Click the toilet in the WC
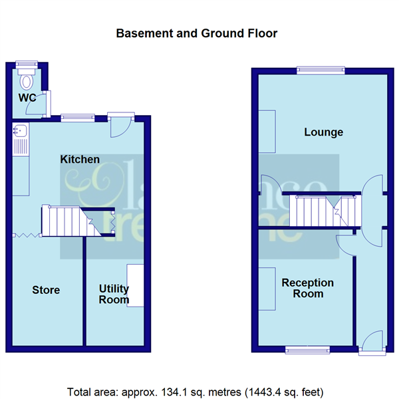[x=27, y=82]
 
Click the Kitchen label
[x=80, y=160]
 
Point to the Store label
[x=47, y=290]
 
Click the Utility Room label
[x=114, y=294]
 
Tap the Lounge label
[x=323, y=132]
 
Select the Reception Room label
[x=307, y=288]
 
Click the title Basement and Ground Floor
[x=197, y=33]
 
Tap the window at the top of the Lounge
[x=321, y=69]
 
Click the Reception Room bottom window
[x=307, y=349]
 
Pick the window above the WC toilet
[x=27, y=65]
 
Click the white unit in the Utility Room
[x=136, y=286]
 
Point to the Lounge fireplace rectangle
[x=267, y=131]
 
